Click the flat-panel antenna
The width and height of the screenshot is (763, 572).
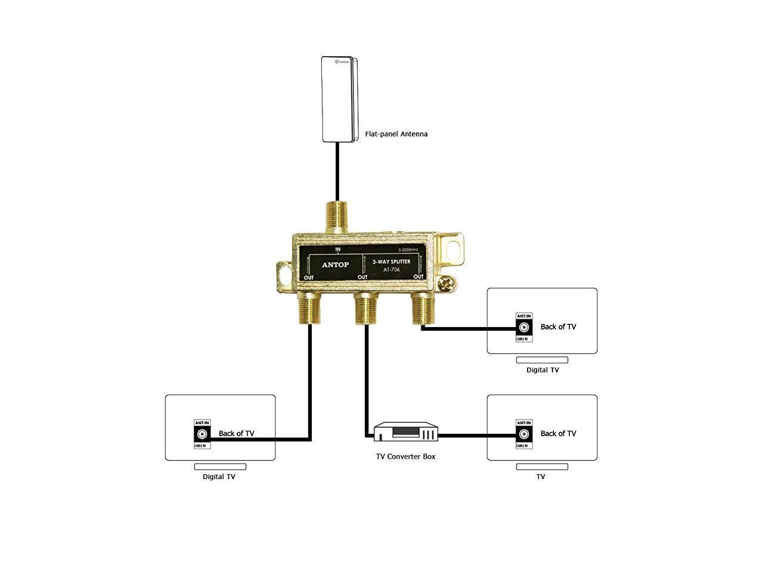[338, 100]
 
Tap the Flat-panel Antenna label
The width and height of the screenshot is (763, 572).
[396, 134]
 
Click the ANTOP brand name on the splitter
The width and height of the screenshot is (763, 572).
[336, 264]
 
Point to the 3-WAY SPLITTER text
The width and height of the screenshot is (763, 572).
[391, 262]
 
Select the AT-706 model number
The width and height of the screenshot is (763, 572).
[391, 270]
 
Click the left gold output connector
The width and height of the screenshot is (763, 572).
[310, 308]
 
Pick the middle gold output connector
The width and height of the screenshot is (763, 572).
[367, 309]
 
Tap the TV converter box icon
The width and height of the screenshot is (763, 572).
[406, 433]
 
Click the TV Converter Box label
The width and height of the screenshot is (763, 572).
[405, 456]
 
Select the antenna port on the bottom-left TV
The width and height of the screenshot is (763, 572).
[202, 434]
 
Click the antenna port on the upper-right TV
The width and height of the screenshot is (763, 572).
[524, 327]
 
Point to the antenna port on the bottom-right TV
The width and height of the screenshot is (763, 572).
[524, 434]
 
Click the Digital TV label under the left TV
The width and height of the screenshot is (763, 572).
[219, 477]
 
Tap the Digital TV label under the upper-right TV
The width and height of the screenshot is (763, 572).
[542, 370]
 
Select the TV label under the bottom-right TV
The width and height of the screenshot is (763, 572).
[541, 477]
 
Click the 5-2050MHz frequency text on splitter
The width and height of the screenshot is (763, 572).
[408, 250]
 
